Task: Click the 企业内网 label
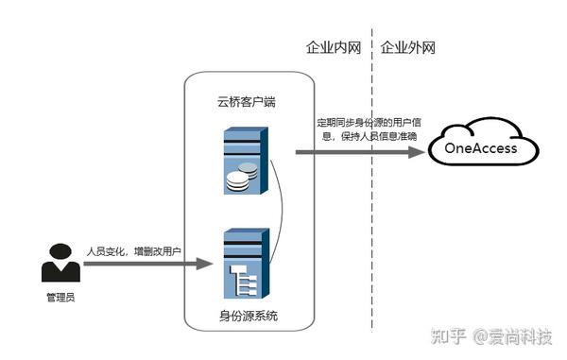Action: (334, 46)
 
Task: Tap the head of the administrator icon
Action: (60, 252)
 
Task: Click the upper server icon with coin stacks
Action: (244, 162)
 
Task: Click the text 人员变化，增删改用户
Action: (133, 251)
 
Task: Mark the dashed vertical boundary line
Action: (372, 189)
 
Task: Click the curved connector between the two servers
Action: (280, 213)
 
